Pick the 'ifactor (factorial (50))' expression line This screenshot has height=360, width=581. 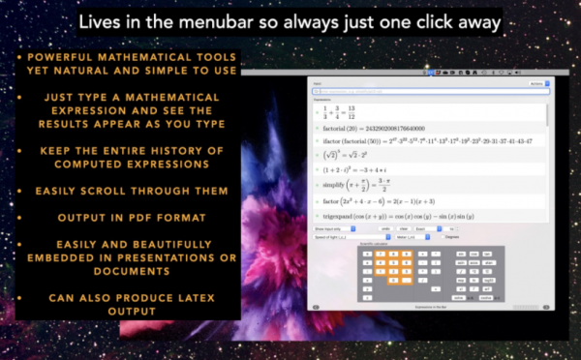[426, 141]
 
